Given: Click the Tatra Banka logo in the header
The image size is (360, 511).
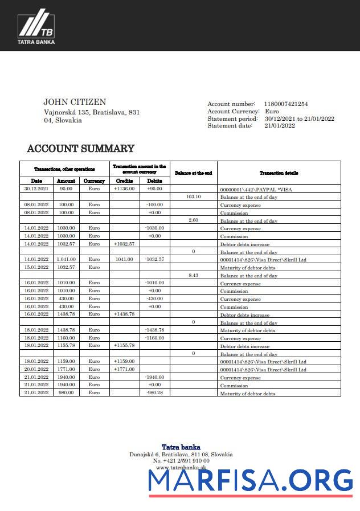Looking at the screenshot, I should (x=36, y=29).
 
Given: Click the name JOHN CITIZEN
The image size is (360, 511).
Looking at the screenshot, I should (x=75, y=102).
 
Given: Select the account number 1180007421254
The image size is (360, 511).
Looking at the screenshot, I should (x=286, y=104).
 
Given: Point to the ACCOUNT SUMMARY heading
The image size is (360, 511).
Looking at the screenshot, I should (x=81, y=149).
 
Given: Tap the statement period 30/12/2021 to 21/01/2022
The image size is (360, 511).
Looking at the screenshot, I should (x=299, y=118).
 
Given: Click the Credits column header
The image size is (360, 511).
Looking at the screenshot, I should (x=124, y=181).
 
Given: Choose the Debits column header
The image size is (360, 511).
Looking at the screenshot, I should (x=154, y=181).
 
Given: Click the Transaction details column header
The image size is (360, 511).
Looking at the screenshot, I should (x=279, y=173).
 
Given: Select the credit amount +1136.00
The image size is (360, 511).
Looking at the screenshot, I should (x=124, y=189).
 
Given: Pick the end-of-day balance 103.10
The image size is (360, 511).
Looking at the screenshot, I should (x=194, y=197).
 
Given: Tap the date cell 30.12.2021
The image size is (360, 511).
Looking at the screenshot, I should (x=36, y=189).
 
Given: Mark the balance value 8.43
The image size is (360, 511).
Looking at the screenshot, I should (x=194, y=275).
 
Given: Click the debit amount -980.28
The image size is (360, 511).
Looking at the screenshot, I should (x=154, y=393).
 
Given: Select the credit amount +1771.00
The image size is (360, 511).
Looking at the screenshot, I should (x=124, y=369).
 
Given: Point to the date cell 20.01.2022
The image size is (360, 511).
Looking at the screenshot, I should (x=36, y=369).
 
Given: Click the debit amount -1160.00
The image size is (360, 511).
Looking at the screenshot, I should (x=154, y=338).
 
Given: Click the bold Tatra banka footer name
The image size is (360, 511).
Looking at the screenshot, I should (x=181, y=447).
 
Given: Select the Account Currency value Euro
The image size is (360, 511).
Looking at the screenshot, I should (x=272, y=111).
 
